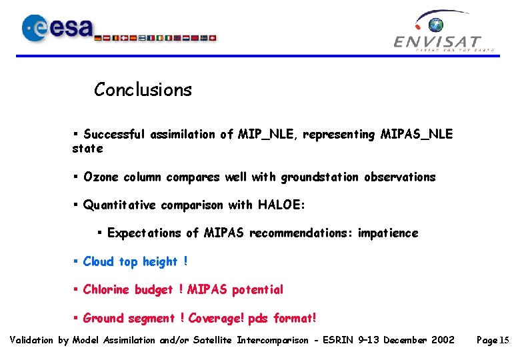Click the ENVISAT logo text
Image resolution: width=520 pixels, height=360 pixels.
tap(437, 42)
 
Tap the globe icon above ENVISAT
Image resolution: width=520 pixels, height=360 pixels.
tap(436, 25)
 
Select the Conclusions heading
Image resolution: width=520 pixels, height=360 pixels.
tap(143, 89)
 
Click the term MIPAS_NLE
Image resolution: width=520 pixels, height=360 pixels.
tap(416, 135)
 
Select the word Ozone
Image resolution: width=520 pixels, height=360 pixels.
tap(100, 177)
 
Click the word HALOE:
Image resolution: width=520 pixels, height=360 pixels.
tap(281, 205)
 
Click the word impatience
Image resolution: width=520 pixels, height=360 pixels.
tap(388, 233)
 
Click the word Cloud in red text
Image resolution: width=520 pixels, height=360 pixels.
tap(99, 262)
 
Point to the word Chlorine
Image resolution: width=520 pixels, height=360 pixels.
tap(107, 290)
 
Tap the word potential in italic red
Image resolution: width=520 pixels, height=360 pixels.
tap(257, 290)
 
